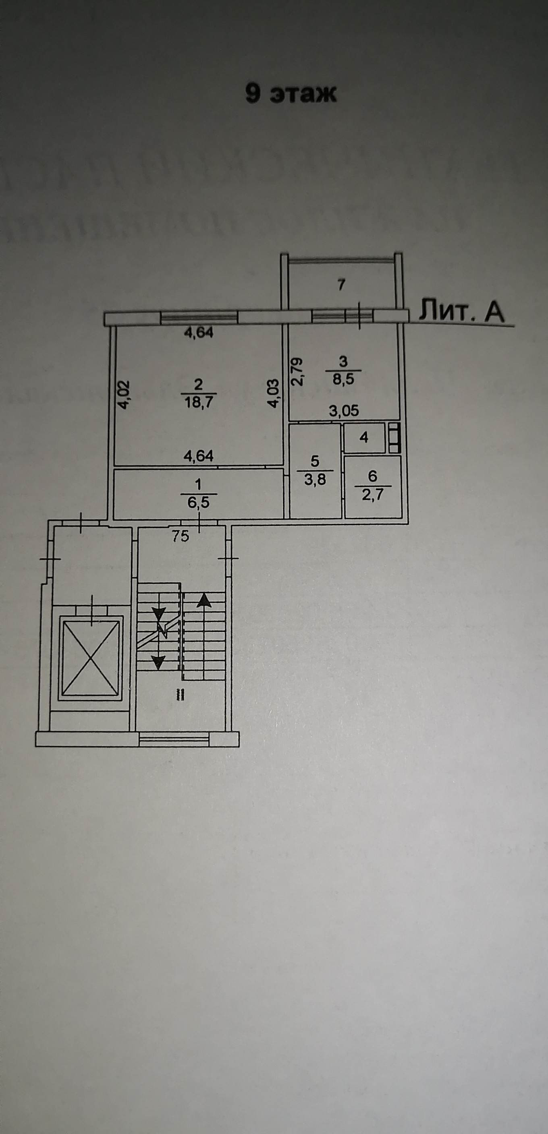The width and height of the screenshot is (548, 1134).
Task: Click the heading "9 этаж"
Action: (x=291, y=93)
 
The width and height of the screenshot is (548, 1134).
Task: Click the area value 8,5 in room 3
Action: (x=343, y=379)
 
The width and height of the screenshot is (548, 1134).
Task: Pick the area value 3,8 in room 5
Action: (x=315, y=478)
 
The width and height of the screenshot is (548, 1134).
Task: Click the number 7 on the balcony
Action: (x=340, y=285)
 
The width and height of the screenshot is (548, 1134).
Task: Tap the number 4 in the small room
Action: (x=364, y=438)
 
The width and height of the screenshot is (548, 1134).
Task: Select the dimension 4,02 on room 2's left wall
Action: (x=124, y=395)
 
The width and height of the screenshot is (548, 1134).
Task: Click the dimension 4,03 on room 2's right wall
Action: (x=274, y=393)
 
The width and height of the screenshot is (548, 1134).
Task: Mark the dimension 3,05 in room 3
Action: (x=344, y=411)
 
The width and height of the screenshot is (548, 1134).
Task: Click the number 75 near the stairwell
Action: (x=181, y=536)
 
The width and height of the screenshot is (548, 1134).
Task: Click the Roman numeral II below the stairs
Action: (x=180, y=694)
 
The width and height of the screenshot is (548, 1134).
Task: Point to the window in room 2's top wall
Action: (x=199, y=317)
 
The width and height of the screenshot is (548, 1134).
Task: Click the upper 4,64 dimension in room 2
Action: (x=198, y=333)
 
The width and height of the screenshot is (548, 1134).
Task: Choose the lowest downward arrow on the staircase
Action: (x=158, y=661)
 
